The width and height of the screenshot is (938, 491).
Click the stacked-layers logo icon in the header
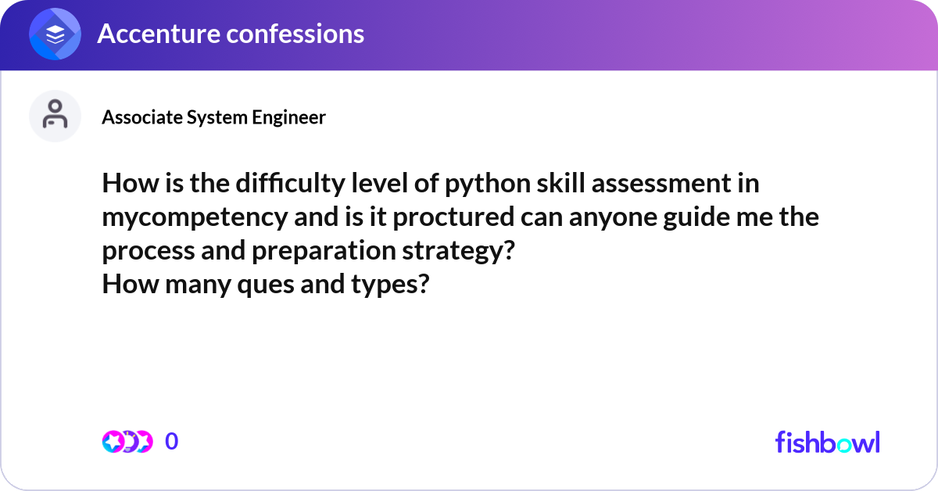[x=55, y=34]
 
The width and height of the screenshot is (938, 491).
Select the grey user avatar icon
[x=55, y=116]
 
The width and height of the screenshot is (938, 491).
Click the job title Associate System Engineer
[x=213, y=117]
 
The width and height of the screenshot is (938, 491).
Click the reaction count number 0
[x=172, y=442]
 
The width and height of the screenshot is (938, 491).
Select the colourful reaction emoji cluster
[x=127, y=442]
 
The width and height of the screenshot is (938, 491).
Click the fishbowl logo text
[x=827, y=442]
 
